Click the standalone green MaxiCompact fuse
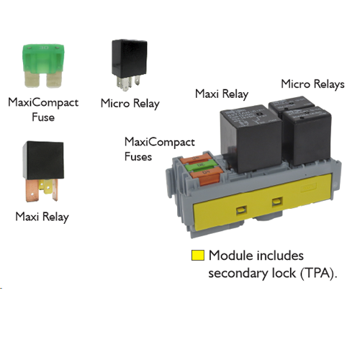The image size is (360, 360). click(43, 66)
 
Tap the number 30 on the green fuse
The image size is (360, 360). click(44, 48)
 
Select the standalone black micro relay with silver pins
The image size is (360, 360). click(129, 65)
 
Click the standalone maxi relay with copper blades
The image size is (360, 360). click(43, 171)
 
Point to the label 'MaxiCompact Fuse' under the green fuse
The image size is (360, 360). click(43, 109)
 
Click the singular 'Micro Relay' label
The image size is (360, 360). click(130, 104)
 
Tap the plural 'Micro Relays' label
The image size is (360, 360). click(312, 84)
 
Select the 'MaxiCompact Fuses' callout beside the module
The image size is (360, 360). click(160, 149)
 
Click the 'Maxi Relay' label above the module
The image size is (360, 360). click(222, 94)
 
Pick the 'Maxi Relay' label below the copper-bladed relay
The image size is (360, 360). click(42, 217)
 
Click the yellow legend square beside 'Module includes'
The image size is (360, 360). click(198, 255)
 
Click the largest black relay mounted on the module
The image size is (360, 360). click(251, 138)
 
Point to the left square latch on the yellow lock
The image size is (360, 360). click(241, 210)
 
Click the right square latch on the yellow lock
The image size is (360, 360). click(277, 202)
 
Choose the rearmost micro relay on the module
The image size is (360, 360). click(291, 107)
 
